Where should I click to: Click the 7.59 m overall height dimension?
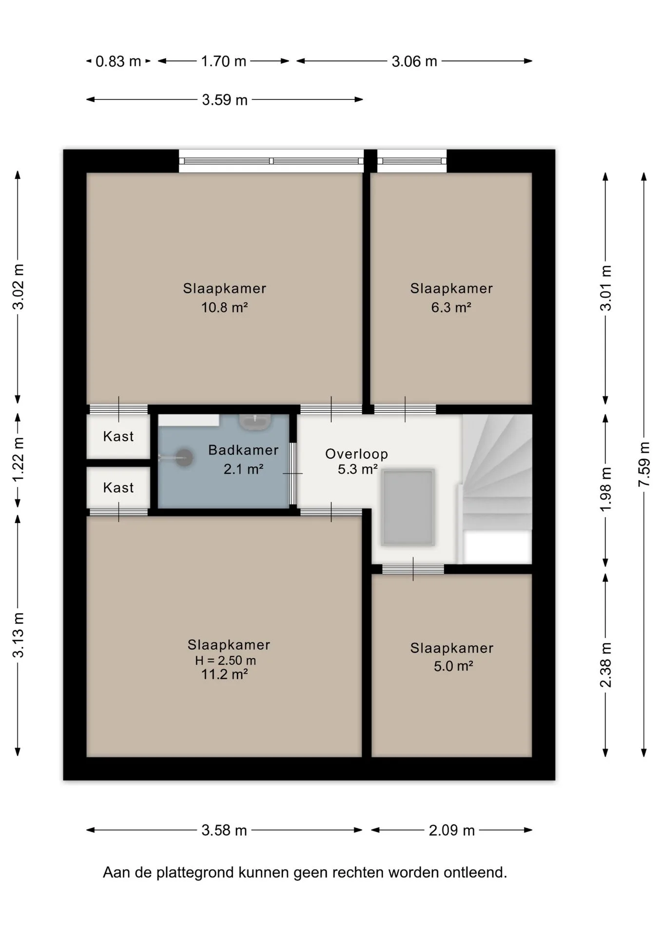pos(644,464)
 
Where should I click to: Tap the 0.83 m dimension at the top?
pos(118,61)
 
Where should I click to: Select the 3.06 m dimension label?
pos(414,61)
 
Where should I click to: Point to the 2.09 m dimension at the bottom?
pos(451,830)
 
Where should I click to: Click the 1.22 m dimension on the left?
pos(18,459)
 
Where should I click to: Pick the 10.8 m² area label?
pos(225,308)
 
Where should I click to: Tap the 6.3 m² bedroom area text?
pos(451,308)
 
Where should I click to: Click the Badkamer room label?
pos(243,450)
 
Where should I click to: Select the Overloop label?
pos(357,454)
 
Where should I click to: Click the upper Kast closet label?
pos(118,436)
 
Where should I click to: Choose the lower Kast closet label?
pos(118,487)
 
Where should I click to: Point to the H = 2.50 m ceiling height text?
pos(225,661)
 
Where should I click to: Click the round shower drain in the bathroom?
pos(184,458)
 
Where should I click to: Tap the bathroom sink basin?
pos(254,422)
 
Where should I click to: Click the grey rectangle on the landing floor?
pos(408,507)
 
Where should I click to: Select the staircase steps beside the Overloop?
pos(497,472)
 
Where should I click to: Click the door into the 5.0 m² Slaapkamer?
pos(413,569)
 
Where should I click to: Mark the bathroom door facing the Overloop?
pos(292,473)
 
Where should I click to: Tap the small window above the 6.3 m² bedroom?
pos(412,161)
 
